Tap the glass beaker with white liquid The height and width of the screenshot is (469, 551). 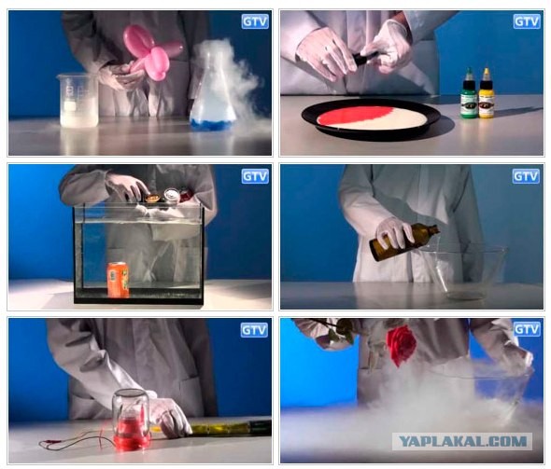coord(78,101)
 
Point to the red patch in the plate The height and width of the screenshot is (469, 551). coord(348,117)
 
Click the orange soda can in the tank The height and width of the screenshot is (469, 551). coord(118,280)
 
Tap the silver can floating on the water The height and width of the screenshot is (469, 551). coord(172,196)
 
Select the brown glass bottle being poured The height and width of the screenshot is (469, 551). coord(404,242)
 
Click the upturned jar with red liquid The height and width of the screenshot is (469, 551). coord(131,420)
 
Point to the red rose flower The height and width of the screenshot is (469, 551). coord(402,344)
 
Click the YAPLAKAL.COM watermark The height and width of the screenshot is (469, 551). coord(462,441)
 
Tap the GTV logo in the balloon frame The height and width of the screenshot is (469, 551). coord(255,21)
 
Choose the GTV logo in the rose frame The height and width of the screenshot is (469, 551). coord(527,329)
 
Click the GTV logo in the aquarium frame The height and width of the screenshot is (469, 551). coord(255,176)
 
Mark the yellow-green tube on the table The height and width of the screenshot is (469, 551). coord(225,428)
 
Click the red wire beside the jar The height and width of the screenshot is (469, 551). coord(76,443)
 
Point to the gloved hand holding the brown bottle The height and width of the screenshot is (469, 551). coord(395,232)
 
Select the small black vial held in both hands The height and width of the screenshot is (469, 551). coord(363,59)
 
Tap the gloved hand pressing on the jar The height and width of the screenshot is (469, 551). coord(170,417)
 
